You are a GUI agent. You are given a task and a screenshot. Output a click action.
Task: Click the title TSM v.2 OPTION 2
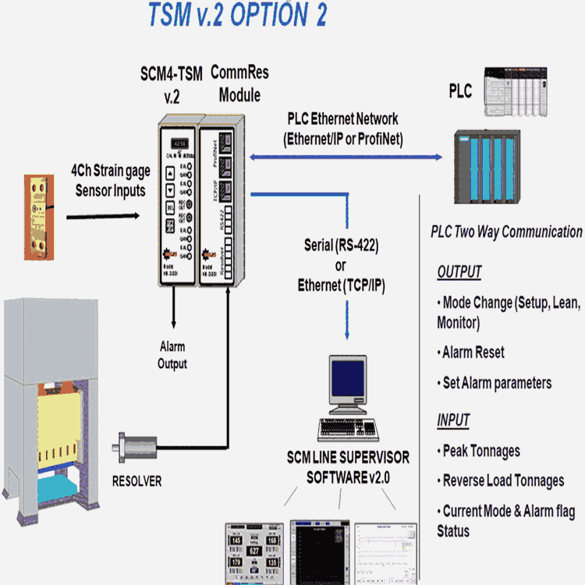coord(238,16)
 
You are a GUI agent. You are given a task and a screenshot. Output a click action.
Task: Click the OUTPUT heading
coord(459,272)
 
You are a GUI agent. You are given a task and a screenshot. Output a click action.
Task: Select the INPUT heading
coord(453,420)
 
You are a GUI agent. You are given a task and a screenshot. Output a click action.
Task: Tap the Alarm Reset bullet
coord(473,352)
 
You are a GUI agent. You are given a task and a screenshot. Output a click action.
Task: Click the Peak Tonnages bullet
coord(480,451)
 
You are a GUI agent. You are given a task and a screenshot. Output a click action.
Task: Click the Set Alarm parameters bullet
coord(495,382)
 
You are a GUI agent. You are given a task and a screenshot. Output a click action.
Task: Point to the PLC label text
coord(460,91)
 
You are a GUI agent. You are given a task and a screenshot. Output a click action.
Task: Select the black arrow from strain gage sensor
coord(108,213)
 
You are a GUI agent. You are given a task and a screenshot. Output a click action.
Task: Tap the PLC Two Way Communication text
coord(506,232)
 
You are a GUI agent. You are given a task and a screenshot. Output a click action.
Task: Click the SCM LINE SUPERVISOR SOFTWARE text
coord(347,466)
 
